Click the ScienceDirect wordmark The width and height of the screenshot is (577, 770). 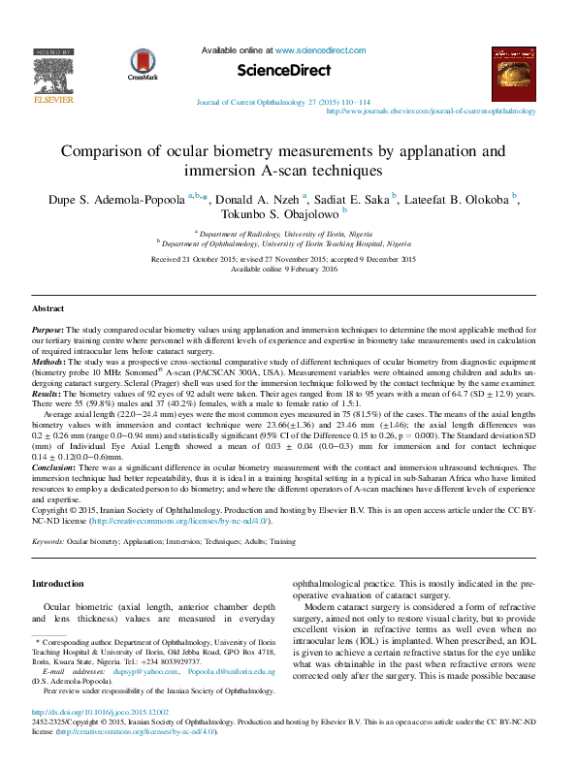coord(283,71)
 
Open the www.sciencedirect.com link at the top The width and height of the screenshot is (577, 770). coord(320,49)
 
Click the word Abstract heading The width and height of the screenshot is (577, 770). coord(48,307)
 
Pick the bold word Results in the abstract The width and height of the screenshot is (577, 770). coord(47,392)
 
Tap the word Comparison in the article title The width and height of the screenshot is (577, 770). coord(108,151)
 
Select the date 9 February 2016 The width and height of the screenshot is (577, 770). coord(312,270)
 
